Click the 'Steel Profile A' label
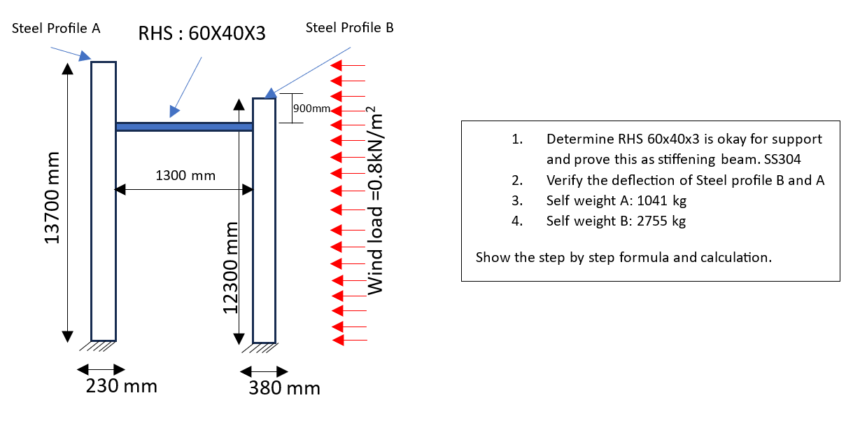tap(56, 29)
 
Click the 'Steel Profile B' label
tap(349, 27)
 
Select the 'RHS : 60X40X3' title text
tap(202, 33)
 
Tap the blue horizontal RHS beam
tap(184, 127)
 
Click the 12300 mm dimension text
tap(231, 268)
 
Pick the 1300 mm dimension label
tap(185, 175)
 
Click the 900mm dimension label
tap(311, 109)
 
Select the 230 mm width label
tap(121, 386)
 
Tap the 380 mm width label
tap(284, 388)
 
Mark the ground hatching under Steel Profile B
tap(265, 348)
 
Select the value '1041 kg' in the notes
tap(661, 201)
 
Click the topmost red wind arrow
tap(348, 66)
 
